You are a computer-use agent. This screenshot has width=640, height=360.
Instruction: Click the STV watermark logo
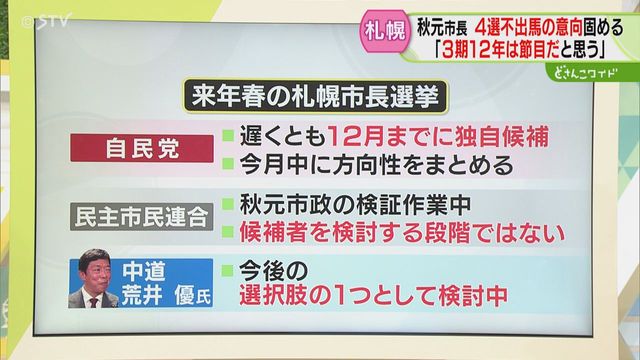click(46, 21)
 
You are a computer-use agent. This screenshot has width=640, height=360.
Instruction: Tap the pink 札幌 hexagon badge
click(384, 31)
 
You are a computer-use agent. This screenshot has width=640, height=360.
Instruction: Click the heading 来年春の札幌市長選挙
click(315, 96)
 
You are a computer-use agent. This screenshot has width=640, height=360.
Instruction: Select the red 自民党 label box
click(142, 149)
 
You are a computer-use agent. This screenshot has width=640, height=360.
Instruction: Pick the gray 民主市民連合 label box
click(142, 217)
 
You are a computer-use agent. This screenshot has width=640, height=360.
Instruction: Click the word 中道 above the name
click(144, 271)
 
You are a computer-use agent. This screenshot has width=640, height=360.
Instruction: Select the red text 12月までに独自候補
click(437, 136)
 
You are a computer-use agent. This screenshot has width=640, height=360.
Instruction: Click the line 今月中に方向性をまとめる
click(376, 164)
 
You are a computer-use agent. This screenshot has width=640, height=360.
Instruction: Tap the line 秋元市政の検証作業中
click(355, 204)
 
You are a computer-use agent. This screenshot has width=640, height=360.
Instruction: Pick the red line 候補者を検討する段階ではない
click(402, 232)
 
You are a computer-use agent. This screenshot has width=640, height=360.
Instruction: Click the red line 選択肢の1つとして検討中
click(373, 296)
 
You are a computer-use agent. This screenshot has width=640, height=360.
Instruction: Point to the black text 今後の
click(273, 269)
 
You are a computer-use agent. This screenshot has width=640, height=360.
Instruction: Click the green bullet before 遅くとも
click(228, 136)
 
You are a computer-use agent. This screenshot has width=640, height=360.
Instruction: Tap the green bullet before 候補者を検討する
click(228, 232)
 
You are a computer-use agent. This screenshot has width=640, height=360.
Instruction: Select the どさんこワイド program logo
click(585, 73)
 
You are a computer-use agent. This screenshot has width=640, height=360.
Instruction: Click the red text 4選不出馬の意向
click(529, 28)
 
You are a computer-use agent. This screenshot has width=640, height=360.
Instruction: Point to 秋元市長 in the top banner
click(442, 28)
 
